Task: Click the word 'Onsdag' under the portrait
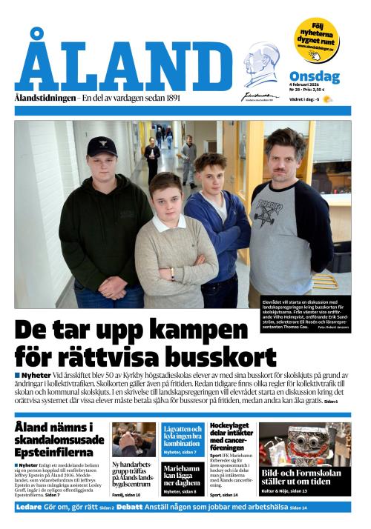click(314, 77)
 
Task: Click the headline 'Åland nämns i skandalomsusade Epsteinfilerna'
click(59, 440)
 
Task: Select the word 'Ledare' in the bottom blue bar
click(30, 508)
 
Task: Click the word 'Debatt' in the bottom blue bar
click(129, 508)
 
